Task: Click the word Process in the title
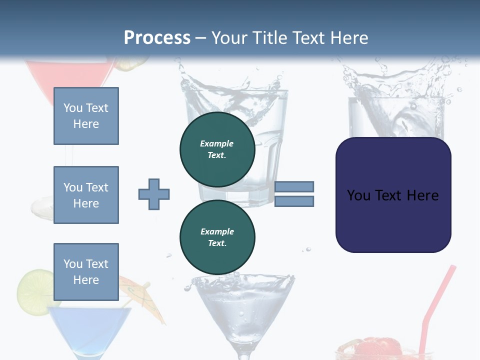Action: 157,38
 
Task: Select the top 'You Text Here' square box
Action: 86,116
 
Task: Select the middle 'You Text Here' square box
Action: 86,195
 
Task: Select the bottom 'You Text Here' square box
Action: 86,272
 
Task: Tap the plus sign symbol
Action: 154,194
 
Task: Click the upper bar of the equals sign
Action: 294,186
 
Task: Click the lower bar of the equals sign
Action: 294,201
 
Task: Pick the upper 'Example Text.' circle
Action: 217,149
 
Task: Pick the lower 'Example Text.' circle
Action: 217,237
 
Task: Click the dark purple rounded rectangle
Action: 393,195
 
